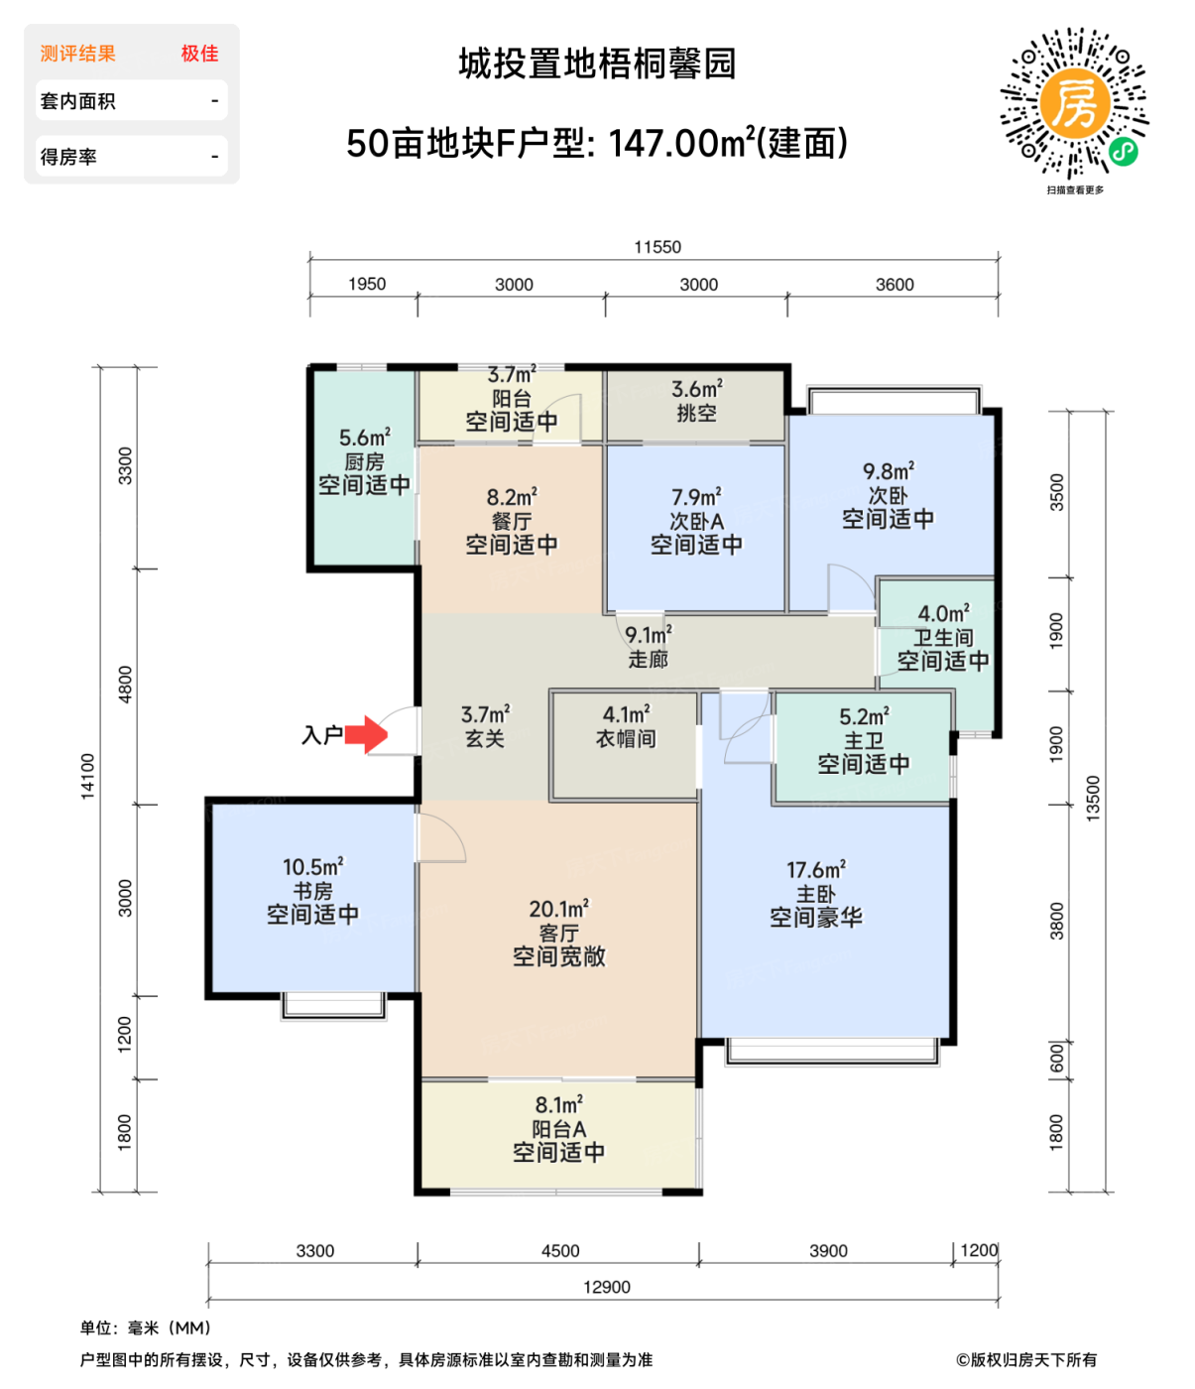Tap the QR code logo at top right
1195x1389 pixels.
(1074, 102)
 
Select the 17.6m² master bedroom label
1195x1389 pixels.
(815, 894)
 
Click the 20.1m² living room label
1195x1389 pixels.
(558, 933)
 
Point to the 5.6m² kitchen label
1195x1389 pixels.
(364, 461)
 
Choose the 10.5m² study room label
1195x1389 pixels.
(312, 890)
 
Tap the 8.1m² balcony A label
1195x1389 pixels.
(558, 1128)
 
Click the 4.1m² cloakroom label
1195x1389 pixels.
(625, 726)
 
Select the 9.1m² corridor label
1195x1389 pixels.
(648, 647)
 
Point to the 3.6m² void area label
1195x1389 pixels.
(696, 401)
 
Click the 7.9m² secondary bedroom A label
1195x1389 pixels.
(696, 520)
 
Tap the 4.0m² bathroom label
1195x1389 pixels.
(942, 637)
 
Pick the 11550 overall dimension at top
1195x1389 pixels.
(657, 247)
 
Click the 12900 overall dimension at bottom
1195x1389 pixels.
(606, 1287)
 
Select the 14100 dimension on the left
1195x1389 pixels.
(88, 776)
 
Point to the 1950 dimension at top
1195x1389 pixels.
(366, 284)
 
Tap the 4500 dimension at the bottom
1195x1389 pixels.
(559, 1251)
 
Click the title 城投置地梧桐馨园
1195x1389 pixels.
(597, 64)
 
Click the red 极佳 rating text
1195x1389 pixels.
(199, 54)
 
